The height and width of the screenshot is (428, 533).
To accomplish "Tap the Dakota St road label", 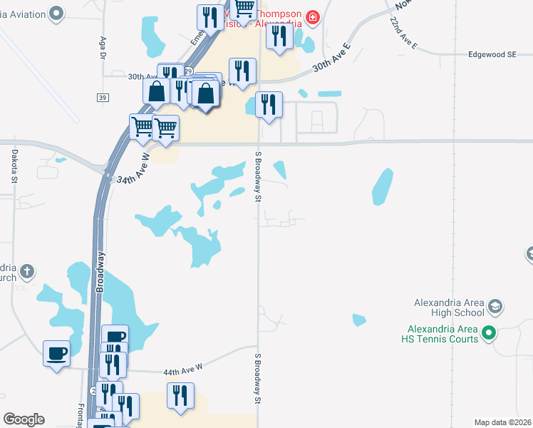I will point(14,165).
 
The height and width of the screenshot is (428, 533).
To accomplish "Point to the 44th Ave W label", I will point(183,367).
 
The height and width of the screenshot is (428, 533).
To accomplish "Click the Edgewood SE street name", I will point(492,54).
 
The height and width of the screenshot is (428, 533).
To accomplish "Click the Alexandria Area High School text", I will point(450,307).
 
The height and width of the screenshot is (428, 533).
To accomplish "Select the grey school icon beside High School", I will point(495,307).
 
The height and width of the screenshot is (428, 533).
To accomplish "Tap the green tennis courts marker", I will point(489,332).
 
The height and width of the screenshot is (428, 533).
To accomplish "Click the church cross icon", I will point(26,271).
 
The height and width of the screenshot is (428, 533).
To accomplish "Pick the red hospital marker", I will point(312,16).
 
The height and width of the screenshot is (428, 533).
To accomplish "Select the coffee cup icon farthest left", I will point(56,352).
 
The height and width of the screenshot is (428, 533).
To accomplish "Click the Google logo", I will point(24,419).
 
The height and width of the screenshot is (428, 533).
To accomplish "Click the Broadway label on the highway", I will point(100,271).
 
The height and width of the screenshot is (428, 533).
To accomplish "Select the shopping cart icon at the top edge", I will point(244,9).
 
